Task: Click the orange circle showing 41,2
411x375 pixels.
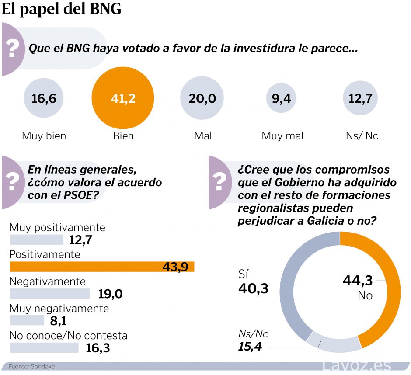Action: [123, 99]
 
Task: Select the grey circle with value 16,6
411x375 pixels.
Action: [44, 99]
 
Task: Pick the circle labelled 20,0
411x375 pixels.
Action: [202, 99]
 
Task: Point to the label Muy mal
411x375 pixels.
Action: [282, 136]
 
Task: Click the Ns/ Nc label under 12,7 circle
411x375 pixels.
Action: [362, 136]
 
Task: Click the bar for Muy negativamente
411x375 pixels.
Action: [27, 320]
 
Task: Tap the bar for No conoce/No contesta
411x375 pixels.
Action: [44, 347]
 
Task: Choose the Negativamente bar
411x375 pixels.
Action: [49, 294]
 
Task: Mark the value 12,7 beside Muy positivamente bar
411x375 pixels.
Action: [82, 240]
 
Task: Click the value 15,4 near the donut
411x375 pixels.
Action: [253, 347]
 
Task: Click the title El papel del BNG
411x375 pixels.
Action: [61, 10]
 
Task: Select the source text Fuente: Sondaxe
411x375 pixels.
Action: [32, 367]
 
